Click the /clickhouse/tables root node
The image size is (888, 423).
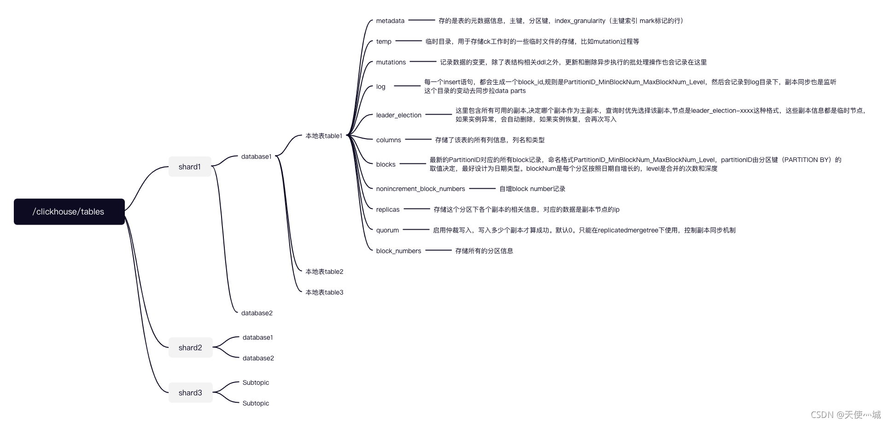[x=69, y=212]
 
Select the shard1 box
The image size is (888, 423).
[x=190, y=167]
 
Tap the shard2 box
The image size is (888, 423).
[x=190, y=348]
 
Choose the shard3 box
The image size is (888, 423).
[x=190, y=393]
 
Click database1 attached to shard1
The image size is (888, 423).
[x=257, y=156]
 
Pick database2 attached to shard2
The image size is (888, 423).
[x=258, y=358]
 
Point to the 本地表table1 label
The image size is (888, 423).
[x=324, y=136]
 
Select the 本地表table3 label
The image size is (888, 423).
[x=324, y=292]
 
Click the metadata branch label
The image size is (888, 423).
[x=390, y=21]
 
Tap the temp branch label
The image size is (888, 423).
[x=384, y=41]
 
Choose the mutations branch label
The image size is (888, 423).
[x=391, y=62]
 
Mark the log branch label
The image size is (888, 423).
[x=380, y=87]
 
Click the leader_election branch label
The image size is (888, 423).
[x=398, y=115]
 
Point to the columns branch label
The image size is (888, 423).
[x=388, y=140]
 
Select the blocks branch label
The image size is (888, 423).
[x=386, y=164]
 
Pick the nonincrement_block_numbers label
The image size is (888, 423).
[x=421, y=189]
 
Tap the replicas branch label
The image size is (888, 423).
[x=388, y=209]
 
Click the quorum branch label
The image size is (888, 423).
[x=387, y=230]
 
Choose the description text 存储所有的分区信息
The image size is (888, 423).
[x=484, y=251]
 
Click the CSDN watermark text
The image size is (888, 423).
[x=845, y=415]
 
